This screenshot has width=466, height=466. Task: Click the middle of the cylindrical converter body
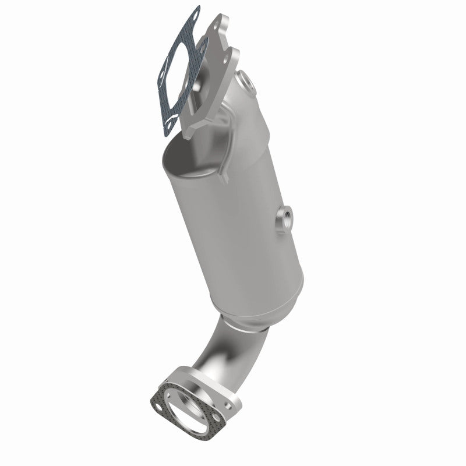click(x=233, y=233)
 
